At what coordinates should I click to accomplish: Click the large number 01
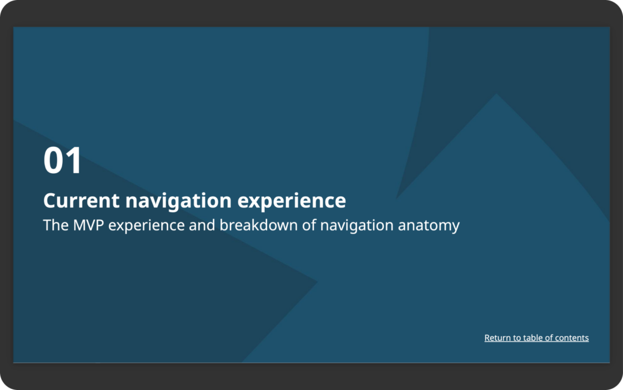(x=63, y=160)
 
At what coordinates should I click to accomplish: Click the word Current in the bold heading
(x=82, y=200)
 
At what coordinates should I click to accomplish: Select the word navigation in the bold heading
(x=178, y=201)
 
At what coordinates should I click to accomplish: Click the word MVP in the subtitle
(x=88, y=225)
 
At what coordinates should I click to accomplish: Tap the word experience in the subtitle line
(x=147, y=226)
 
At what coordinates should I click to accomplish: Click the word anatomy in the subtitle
(x=429, y=226)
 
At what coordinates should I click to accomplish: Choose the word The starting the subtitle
(x=55, y=225)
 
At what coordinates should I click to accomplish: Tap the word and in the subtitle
(x=202, y=225)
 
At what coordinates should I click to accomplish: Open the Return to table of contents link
(x=537, y=338)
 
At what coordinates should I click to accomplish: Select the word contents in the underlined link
(x=572, y=338)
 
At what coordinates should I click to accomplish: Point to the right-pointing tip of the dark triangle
(x=317, y=282)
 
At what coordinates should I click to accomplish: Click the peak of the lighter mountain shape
(x=496, y=94)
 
